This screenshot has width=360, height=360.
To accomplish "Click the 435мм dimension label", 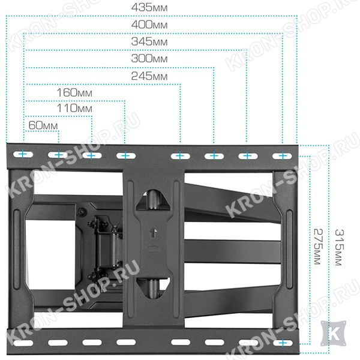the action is pyautogui.click(x=149, y=8).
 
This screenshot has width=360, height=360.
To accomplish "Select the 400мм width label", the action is pyautogui.click(x=149, y=25).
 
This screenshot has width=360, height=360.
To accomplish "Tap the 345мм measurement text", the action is pyautogui.click(x=149, y=41).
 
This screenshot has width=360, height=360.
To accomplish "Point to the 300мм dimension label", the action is pyautogui.click(x=149, y=59).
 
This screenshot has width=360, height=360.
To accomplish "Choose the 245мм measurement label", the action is pyautogui.click(x=149, y=76).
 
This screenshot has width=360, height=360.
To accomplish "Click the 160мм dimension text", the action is pyautogui.click(x=74, y=93).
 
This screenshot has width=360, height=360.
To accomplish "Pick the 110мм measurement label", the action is pyautogui.click(x=74, y=108).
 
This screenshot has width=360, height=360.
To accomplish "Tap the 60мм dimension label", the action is pyautogui.click(x=43, y=125).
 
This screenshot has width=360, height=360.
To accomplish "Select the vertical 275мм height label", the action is pyautogui.click(x=318, y=247).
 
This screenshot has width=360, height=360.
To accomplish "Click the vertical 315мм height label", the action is pyautogui.click(x=340, y=247).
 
